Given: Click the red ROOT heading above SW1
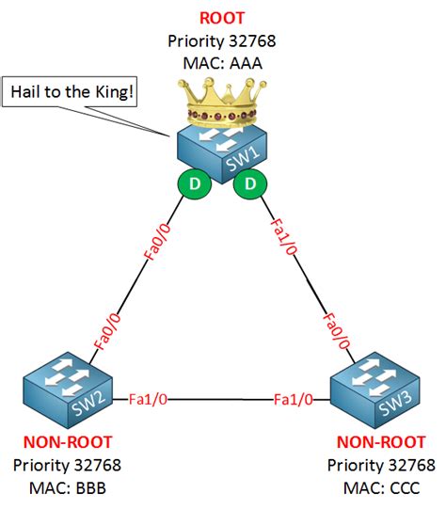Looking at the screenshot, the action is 222,18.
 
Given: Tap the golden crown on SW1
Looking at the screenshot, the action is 222,102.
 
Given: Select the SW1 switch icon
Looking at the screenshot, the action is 222,153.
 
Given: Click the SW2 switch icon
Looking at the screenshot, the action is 68,390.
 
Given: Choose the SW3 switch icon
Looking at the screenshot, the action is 375,390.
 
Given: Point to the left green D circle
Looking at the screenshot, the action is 195,184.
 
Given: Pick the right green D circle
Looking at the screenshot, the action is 250,184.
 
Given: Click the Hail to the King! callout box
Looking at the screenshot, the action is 70,92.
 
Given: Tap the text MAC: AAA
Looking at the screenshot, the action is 222,63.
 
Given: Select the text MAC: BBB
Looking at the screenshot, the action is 68,488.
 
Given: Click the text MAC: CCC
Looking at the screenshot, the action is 381,488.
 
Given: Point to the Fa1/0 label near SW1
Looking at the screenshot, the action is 284,237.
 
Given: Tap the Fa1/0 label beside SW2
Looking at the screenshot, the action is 148,399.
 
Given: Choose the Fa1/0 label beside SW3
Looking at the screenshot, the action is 294,399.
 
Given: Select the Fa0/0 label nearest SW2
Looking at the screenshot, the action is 107,331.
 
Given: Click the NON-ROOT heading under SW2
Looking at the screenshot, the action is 68,442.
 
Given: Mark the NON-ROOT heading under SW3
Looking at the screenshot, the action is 381,442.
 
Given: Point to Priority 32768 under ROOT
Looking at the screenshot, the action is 222,40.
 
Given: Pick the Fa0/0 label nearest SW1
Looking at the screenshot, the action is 157,242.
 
